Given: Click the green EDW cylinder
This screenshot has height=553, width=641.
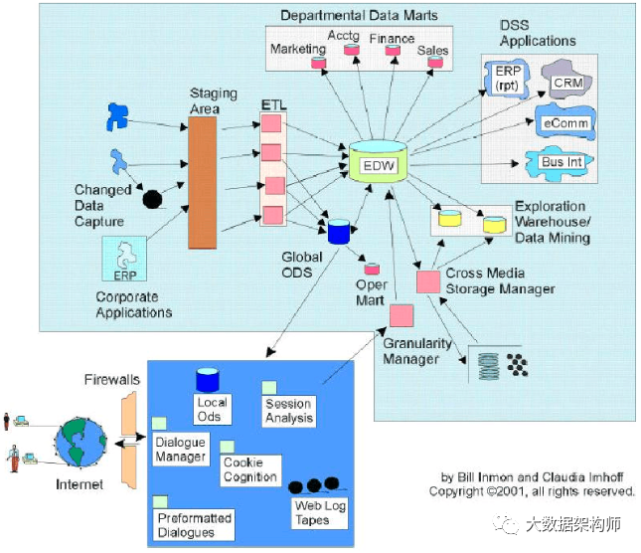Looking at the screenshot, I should coord(378,162).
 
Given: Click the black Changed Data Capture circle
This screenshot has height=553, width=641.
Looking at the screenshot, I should coord(153,199).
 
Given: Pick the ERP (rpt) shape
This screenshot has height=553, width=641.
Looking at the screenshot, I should coord(506,79).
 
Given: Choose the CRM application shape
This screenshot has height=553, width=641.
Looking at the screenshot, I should coord(567,79).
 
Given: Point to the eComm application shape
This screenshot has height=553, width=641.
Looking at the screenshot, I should coord(565,122).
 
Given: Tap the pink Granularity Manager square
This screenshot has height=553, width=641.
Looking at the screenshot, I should coord(401,316).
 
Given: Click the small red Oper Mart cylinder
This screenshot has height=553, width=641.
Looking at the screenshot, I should coord(372,268).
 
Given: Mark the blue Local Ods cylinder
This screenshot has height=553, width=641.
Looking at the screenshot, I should coord(208,380).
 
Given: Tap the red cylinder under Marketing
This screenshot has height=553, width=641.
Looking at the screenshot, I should coord(319,64).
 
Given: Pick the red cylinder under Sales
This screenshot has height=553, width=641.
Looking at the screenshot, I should coord(434,63).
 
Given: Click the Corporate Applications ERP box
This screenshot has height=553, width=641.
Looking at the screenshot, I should coord(125,261).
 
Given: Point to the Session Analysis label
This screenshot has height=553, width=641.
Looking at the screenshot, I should coord(288,411).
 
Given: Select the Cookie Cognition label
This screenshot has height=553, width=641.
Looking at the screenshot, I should coord(250,469).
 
